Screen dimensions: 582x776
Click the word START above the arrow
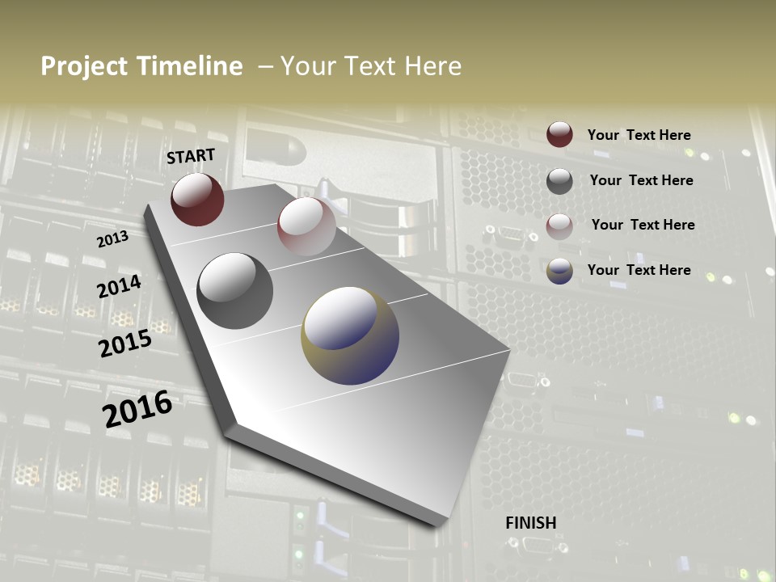191,156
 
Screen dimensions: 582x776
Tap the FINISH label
531,523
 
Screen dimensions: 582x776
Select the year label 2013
112,239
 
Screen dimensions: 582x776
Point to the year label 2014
119,287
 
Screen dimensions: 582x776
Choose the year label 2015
124,344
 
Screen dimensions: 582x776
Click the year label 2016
137,409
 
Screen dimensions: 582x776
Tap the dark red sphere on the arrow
197,200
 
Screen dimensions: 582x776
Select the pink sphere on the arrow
306,226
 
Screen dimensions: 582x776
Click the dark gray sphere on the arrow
234,291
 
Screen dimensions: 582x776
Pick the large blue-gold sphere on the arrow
350,335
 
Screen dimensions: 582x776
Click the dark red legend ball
559,134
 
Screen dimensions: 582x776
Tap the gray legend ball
559,181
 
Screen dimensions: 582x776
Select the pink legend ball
559,226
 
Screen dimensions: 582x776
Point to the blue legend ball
559,271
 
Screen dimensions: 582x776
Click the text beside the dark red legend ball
639,135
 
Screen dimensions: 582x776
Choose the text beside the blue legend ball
639,270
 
